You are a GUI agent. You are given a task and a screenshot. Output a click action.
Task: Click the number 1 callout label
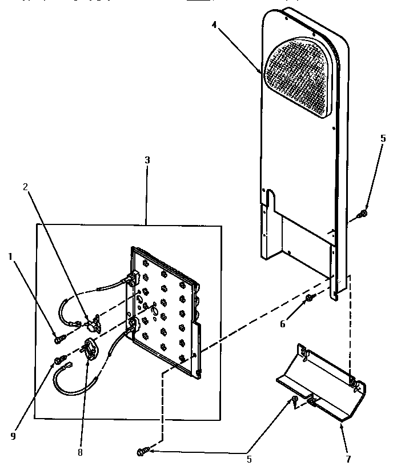(x=10, y=257)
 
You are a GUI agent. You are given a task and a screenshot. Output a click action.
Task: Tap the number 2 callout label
(x=25, y=187)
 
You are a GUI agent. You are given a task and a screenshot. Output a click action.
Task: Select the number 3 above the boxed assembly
(x=147, y=160)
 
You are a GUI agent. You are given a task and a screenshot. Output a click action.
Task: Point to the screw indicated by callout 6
(x=309, y=298)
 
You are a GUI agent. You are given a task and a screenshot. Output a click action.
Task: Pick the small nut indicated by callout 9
(x=58, y=360)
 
